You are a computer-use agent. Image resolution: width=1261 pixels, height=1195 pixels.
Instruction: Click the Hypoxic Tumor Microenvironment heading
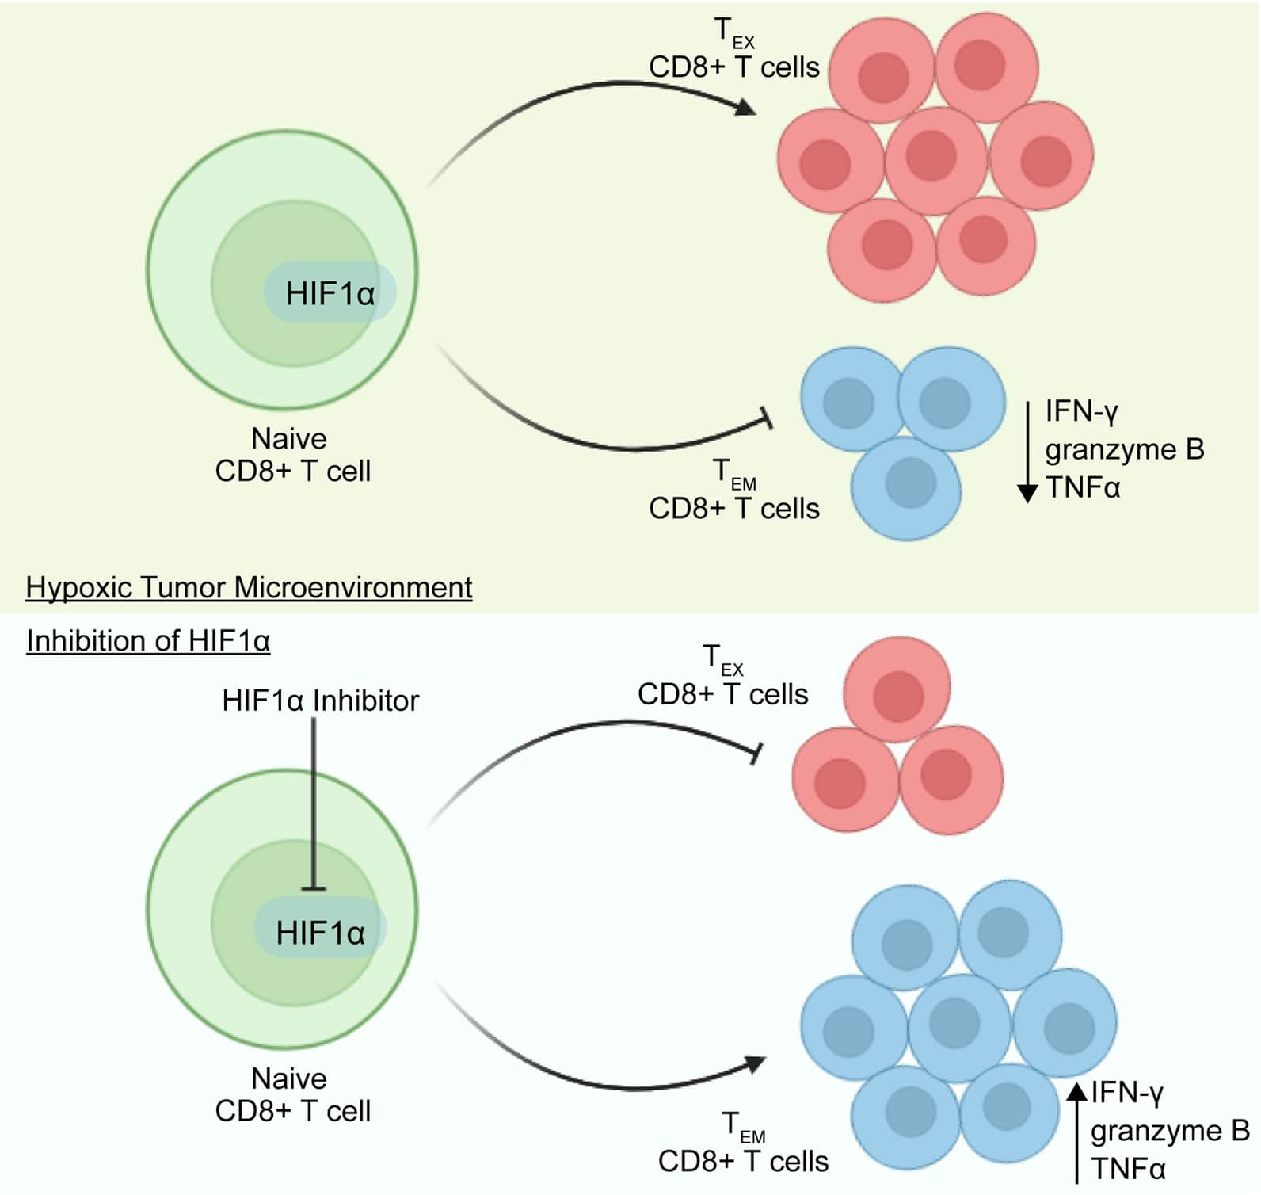pos(249,588)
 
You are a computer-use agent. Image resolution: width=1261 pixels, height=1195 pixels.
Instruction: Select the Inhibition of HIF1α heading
pos(148,640)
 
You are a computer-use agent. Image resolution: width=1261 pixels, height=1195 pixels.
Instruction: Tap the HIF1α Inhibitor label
pos(320,701)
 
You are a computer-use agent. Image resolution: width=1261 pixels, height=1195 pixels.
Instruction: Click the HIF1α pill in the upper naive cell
pos(330,293)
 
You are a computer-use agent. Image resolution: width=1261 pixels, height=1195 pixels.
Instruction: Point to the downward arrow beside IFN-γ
pos(1027,452)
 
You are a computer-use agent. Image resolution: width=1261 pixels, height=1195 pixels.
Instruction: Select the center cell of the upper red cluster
pos(935,158)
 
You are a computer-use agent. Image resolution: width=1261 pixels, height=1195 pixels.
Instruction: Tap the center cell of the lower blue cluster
pos(958,1026)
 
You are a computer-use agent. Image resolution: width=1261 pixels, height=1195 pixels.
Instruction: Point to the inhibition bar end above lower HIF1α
pos(314,889)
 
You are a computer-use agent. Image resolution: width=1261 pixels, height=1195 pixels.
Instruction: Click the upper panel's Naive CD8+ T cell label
pos(292,455)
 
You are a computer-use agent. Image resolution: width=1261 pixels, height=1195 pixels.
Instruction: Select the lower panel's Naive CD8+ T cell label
pos(292,1094)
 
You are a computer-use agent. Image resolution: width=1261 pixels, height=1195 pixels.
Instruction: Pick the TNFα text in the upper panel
pos(1083,487)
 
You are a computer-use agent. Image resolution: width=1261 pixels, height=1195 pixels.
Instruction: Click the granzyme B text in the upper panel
pos(1124,449)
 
